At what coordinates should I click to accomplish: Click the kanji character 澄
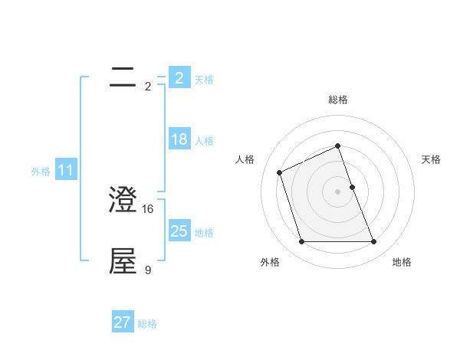pyautogui.click(x=123, y=201)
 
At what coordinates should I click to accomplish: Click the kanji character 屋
pyautogui.click(x=123, y=261)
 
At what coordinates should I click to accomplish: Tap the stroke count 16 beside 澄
pyautogui.click(x=149, y=208)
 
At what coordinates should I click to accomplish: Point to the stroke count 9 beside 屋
pyautogui.click(x=148, y=269)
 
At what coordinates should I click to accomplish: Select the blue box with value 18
pyautogui.click(x=179, y=139)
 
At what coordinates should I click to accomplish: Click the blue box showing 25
pyautogui.click(x=179, y=231)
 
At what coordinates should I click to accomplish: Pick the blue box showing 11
pyautogui.click(x=65, y=171)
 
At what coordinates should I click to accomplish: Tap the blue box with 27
pyautogui.click(x=123, y=322)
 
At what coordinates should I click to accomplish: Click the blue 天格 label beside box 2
pyautogui.click(x=204, y=79)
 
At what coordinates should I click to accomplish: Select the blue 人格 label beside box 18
pyautogui.click(x=204, y=141)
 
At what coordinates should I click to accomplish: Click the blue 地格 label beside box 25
pyautogui.click(x=204, y=232)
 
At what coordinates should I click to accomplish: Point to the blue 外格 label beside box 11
pyautogui.click(x=41, y=172)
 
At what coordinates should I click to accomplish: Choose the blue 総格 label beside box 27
pyautogui.click(x=147, y=324)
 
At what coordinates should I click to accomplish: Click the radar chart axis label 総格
pyautogui.click(x=338, y=100)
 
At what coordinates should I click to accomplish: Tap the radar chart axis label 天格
pyautogui.click(x=431, y=159)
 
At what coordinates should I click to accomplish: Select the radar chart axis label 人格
pyautogui.click(x=245, y=159)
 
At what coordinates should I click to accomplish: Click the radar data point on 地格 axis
pyautogui.click(x=374, y=242)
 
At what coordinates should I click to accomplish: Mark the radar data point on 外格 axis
pyautogui.click(x=301, y=242)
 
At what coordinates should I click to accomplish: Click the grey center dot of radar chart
pyautogui.click(x=338, y=191)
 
